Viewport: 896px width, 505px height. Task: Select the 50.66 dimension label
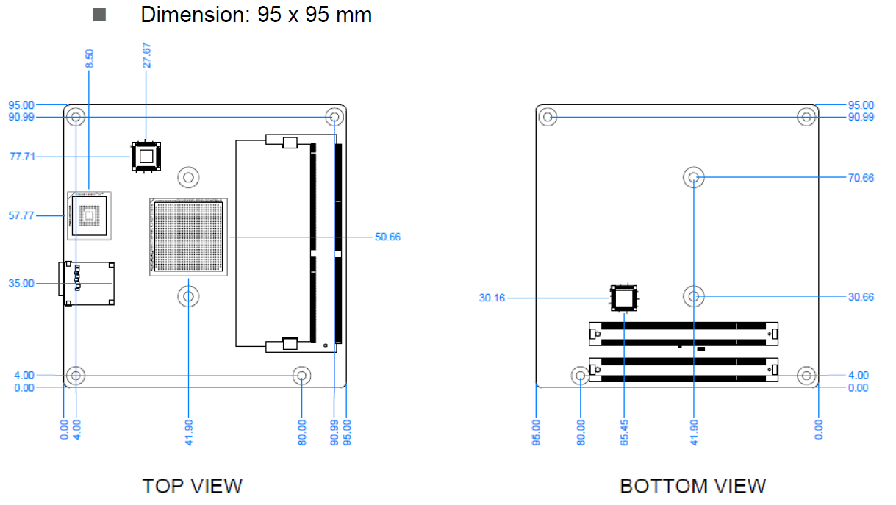pos(388,237)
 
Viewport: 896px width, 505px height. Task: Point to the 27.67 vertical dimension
pos(147,55)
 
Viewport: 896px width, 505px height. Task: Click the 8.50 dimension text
pos(90,60)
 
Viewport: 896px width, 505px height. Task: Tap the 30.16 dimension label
pos(491,298)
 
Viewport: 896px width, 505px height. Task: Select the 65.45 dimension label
pos(624,431)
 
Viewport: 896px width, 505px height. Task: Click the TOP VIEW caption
pos(192,486)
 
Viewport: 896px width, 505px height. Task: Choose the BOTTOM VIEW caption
pos(692,486)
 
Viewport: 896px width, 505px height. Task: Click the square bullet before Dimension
pos(99,15)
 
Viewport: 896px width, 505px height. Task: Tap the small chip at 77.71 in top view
pos(146,157)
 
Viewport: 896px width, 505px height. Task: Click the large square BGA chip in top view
pos(188,237)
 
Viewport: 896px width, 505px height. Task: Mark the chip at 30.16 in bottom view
pos(624,298)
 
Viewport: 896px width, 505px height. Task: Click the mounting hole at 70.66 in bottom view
pos(694,177)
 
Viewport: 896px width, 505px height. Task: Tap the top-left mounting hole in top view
pos(75,117)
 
